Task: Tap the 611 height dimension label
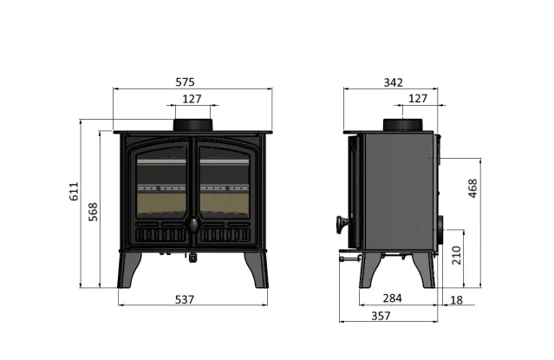click(74, 192)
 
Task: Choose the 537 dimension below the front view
click(184, 299)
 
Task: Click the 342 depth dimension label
click(393, 82)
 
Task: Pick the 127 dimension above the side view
click(417, 98)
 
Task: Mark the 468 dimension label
click(473, 189)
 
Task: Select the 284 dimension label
click(393, 298)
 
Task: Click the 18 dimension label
click(457, 299)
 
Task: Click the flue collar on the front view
click(193, 125)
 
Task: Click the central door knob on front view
click(193, 226)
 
